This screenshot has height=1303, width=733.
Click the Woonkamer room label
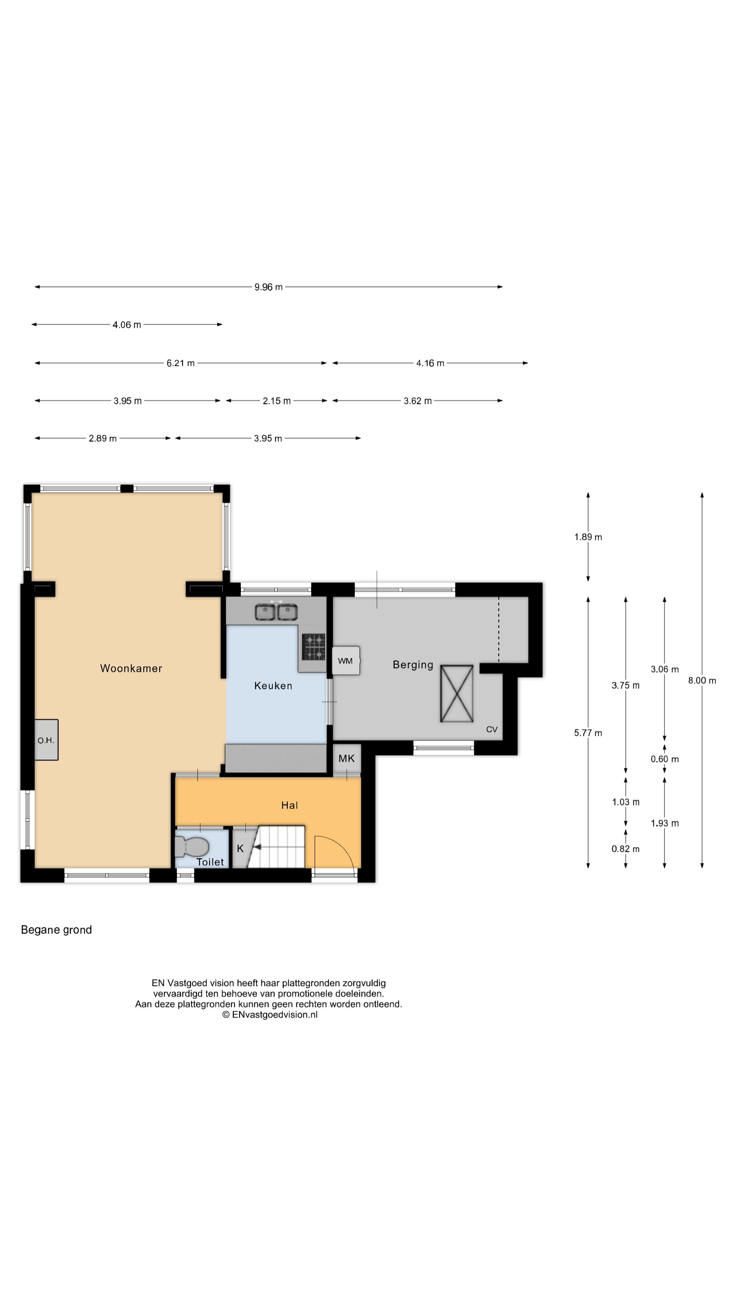131,668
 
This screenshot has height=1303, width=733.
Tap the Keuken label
273,685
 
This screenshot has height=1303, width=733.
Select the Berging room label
413,665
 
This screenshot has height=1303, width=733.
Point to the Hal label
289,805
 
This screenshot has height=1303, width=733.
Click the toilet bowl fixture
192,846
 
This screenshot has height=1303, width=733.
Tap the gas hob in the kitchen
314,647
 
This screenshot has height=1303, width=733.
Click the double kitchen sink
276,611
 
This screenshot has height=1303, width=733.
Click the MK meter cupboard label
346,758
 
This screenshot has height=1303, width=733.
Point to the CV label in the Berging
492,730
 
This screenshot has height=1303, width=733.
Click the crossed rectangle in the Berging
457,694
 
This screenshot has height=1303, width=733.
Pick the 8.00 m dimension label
702,680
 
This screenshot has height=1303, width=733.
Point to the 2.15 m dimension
277,401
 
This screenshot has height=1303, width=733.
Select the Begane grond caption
56,930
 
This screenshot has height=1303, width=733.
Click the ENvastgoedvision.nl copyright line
270,1014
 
